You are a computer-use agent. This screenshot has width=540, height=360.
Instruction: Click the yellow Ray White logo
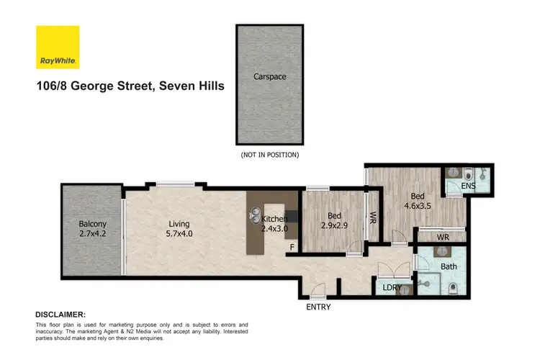coord(58,48)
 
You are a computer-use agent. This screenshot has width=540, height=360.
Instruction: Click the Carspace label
coord(266,76)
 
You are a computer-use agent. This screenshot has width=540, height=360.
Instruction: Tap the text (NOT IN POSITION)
coord(269,155)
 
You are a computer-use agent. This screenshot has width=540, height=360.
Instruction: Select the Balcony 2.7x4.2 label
coord(92,229)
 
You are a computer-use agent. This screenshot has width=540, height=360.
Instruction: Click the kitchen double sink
coord(255,214)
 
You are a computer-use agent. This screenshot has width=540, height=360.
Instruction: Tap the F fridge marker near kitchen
coord(292,247)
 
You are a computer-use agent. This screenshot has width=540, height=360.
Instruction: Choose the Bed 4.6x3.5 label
coord(418,200)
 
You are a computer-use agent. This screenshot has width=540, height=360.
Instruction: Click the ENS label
coord(468,186)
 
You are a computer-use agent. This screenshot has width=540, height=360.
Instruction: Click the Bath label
coord(449,266)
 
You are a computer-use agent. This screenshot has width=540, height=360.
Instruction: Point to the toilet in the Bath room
coord(452,288)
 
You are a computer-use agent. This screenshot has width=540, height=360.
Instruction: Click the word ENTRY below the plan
coord(318,307)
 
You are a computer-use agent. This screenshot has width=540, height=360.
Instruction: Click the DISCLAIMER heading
coord(60,315)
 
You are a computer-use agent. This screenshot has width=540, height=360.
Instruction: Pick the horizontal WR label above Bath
coord(443,236)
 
